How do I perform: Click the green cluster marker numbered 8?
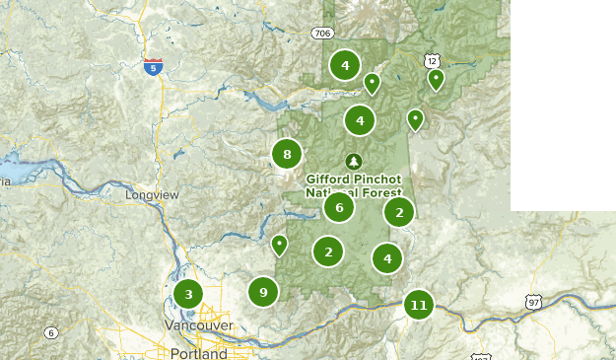287,154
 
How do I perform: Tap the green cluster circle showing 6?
339,207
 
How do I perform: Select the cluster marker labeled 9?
263,292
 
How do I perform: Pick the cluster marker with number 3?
188,294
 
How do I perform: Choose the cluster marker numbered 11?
419,305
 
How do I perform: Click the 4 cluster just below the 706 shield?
345,66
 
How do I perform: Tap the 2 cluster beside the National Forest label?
399,212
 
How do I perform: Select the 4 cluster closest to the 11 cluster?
387,259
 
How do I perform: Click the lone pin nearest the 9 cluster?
280,244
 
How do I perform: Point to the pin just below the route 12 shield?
436,79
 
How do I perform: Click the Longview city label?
152,195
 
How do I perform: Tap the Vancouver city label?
201,325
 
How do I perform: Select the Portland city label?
197,353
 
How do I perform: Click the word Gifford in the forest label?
329,180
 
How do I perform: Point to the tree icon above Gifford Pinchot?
354,162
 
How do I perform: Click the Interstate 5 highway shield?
153,67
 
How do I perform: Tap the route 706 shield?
321,34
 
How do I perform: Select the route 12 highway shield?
433,60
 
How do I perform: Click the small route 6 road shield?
50,333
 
